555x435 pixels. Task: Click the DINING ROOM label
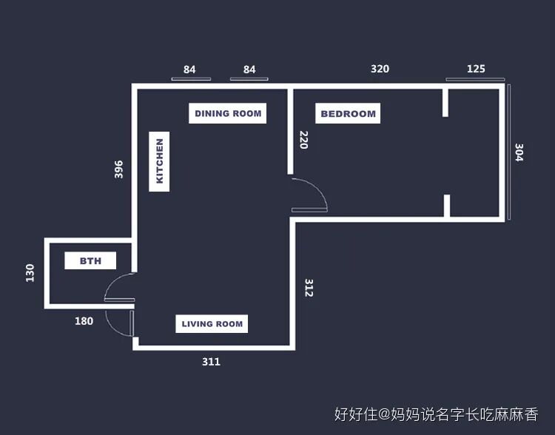tap(227, 113)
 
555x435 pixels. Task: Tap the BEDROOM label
tap(348, 114)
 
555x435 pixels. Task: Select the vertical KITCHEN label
tap(159, 161)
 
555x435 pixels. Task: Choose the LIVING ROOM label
tap(212, 323)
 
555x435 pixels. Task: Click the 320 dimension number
tap(380, 69)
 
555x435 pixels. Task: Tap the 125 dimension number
tap(477, 69)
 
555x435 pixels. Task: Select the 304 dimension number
tap(519, 153)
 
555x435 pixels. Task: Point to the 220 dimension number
tap(303, 140)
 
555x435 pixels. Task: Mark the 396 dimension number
tap(119, 169)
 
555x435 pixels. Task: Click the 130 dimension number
tap(30, 273)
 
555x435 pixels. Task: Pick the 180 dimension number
tap(84, 321)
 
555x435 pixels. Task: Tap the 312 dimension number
tap(309, 287)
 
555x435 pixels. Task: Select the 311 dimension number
tap(211, 362)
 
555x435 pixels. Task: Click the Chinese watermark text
tap(436, 414)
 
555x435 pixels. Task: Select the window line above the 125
tap(475, 78)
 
